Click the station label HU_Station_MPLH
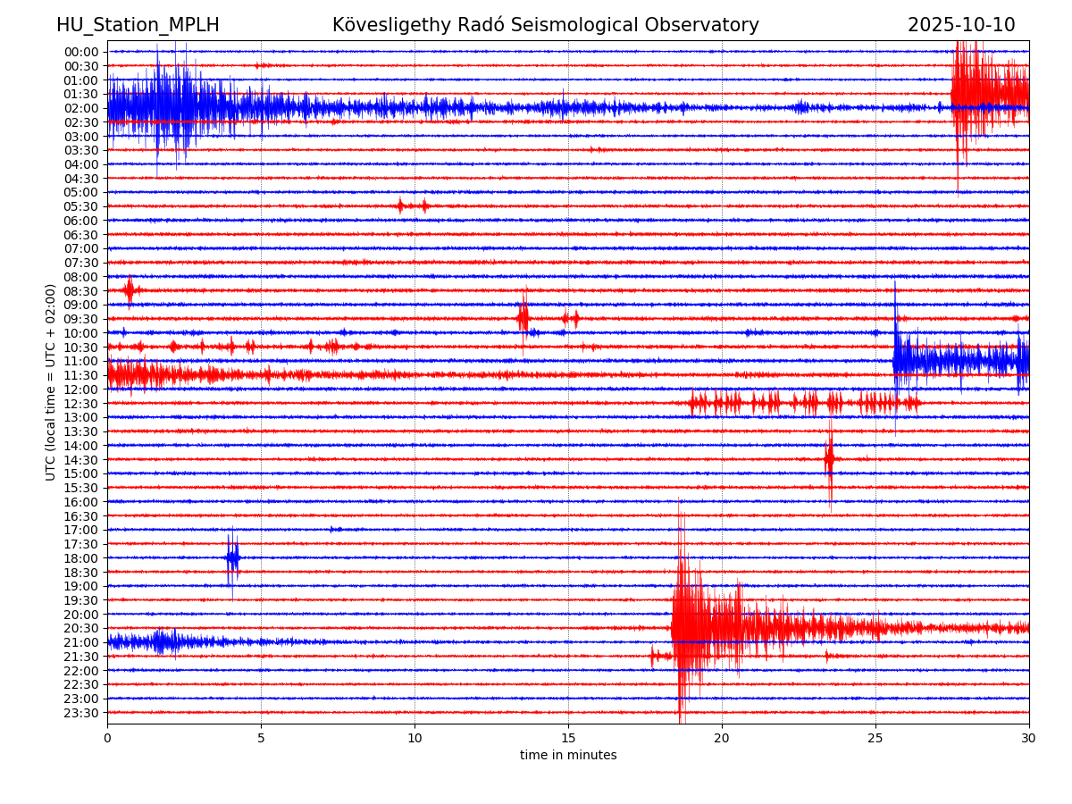[138, 25]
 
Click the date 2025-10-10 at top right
[961, 25]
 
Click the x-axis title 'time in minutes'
[568, 756]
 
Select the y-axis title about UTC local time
[51, 382]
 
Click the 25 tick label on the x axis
[875, 739]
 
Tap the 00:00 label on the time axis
[81, 52]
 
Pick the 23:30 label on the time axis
[81, 713]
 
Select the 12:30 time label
[81, 404]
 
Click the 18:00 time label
[81, 558]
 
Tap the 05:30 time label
[81, 206]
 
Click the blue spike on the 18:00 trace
[232, 557]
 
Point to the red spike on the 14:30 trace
[830, 459]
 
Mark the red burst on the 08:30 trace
[130, 290]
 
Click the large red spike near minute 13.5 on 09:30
[523, 318]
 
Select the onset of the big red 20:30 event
[673, 628]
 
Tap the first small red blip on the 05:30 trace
[400, 205]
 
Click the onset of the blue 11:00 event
[895, 360]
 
